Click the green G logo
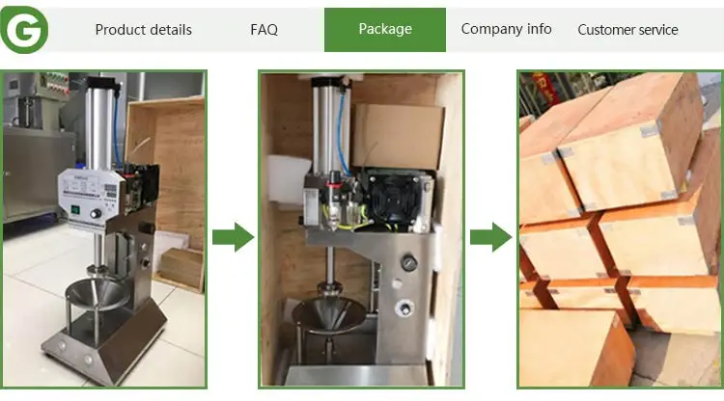click(x=24, y=30)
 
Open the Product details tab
click(x=143, y=30)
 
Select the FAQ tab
click(x=264, y=30)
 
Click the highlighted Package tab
click(x=385, y=30)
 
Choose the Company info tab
click(x=506, y=29)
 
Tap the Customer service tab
click(x=627, y=30)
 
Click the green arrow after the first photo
click(x=234, y=237)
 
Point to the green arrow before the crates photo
click(x=490, y=237)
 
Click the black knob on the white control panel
click(x=96, y=213)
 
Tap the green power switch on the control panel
click(x=74, y=210)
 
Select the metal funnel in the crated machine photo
click(x=329, y=313)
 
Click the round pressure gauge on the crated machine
click(x=408, y=263)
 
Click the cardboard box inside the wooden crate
click(x=398, y=136)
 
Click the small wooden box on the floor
click(x=181, y=269)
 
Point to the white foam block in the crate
click(x=289, y=179)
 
